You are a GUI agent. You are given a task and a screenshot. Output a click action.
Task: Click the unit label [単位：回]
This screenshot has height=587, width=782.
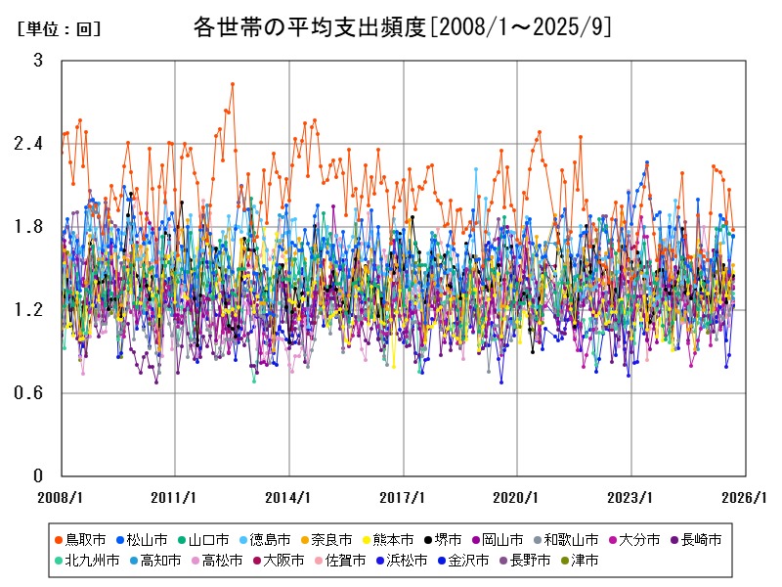[x=59, y=29]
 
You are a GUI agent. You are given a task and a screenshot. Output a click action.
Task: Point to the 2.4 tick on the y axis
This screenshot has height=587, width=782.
[x=29, y=144]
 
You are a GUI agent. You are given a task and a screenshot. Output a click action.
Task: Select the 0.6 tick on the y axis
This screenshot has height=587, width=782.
[x=29, y=393]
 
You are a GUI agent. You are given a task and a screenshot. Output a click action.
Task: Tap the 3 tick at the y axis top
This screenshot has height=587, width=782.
[x=38, y=61]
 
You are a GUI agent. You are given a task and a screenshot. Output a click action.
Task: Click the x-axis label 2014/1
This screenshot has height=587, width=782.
[x=288, y=497]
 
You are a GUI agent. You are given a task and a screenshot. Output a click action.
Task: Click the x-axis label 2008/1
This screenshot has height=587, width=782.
[x=61, y=497]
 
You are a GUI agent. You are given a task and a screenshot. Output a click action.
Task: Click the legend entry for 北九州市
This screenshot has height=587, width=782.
[x=92, y=561]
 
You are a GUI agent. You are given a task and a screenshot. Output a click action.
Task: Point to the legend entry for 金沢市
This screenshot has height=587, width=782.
[x=467, y=561]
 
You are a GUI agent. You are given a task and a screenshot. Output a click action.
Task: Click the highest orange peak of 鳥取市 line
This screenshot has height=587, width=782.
[x=232, y=84]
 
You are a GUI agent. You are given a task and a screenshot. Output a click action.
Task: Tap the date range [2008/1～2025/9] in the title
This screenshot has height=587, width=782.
[x=521, y=27]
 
